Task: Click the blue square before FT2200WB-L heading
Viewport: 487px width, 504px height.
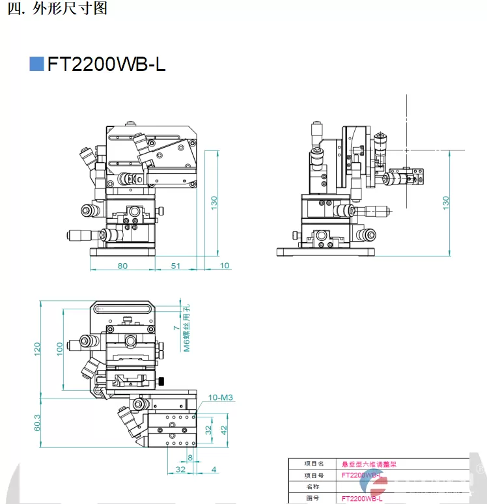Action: (36, 63)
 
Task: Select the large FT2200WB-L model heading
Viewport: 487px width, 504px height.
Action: (106, 64)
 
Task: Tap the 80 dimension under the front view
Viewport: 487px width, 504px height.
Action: (122, 265)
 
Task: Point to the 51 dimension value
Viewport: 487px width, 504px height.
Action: (176, 265)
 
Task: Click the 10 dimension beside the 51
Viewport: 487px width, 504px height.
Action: (225, 265)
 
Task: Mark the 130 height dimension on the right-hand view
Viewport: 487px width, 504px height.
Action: (446, 202)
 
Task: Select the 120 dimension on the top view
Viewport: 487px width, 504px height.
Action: (37, 349)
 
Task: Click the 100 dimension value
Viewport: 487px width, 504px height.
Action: (59, 349)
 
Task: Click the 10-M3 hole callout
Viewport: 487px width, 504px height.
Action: (221, 397)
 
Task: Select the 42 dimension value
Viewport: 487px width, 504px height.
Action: (224, 430)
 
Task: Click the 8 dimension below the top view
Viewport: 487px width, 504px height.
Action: (190, 458)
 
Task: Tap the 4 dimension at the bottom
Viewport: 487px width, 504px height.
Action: (214, 469)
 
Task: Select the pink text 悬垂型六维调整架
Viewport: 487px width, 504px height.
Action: (369, 464)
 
